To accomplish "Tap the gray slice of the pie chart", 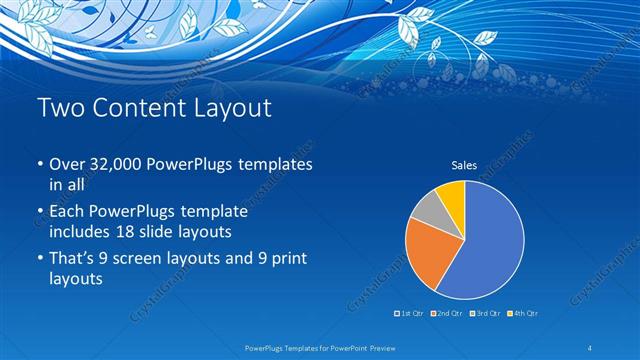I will click(426, 207).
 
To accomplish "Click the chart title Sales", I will click(464, 166).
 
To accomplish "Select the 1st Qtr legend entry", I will click(409, 314).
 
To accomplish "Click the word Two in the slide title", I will click(60, 108).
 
